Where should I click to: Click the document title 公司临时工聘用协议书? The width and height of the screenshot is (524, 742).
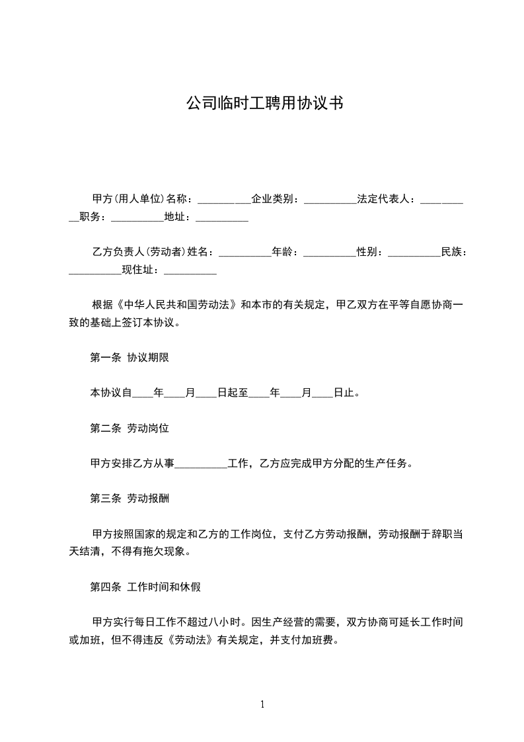[x=262, y=104]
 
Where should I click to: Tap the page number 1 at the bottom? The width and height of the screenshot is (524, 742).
[x=262, y=705]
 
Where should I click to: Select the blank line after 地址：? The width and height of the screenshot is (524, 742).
[x=222, y=217]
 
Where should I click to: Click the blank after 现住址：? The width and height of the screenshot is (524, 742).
[x=190, y=270]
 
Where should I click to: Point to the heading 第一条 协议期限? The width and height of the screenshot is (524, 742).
[x=130, y=358]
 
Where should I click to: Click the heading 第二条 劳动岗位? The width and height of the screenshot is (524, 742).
[x=130, y=429]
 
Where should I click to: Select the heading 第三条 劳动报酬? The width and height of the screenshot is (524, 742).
[x=130, y=499]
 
